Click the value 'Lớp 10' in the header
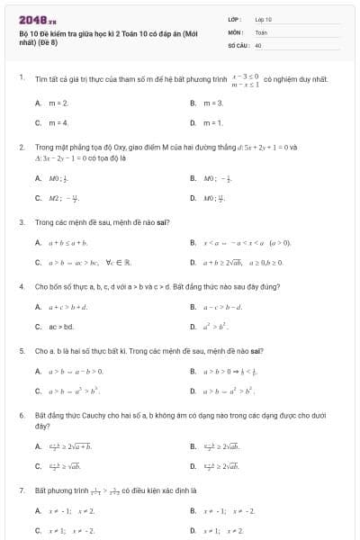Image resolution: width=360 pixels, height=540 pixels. click(263, 19)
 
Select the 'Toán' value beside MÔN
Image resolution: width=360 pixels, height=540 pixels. click(260, 31)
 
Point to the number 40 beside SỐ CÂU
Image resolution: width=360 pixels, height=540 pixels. click(257, 44)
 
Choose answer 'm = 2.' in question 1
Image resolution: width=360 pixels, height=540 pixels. click(58, 103)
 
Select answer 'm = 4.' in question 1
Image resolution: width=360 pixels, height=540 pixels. click(58, 122)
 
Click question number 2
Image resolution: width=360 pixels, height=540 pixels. click(21, 146)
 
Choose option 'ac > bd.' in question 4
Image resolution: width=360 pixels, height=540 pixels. click(61, 326)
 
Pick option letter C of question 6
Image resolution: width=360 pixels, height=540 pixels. click(38, 466)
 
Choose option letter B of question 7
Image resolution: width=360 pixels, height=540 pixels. click(193, 511)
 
